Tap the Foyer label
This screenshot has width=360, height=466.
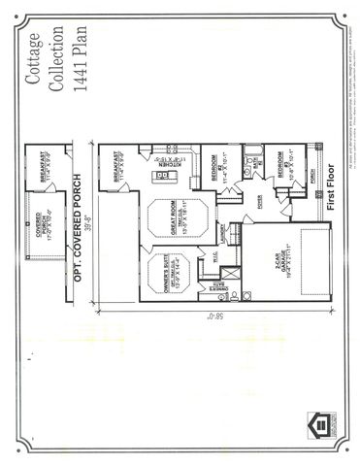(x=260, y=200)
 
